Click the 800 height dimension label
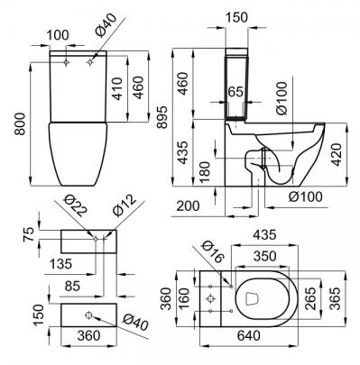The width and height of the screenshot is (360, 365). click(x=20, y=124)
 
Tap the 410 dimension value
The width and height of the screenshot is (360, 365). click(x=117, y=89)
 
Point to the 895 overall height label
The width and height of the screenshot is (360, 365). click(x=162, y=117)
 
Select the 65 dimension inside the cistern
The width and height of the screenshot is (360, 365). click(x=235, y=92)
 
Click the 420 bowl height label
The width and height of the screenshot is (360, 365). click(x=337, y=154)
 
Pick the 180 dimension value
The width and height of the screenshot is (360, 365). click(x=205, y=172)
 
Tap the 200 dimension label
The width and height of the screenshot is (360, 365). click(x=188, y=206)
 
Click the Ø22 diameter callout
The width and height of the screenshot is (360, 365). click(x=75, y=205)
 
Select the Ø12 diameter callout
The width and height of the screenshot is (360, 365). click(x=125, y=205)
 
